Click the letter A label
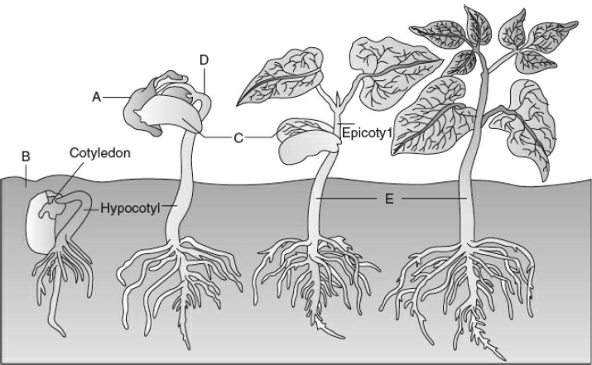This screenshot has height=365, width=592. click(x=97, y=98)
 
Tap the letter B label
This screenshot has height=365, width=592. click(x=26, y=156)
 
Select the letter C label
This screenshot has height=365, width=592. click(x=238, y=138)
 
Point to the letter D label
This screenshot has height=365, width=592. click(x=204, y=60)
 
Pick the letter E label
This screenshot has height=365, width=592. click(x=389, y=199)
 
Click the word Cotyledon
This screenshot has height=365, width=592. click(x=100, y=153)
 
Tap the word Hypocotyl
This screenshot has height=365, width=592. click(x=130, y=209)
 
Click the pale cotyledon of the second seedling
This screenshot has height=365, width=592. click(x=171, y=113)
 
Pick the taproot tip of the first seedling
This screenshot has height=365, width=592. click(x=64, y=334)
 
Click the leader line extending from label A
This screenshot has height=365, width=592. click(x=117, y=98)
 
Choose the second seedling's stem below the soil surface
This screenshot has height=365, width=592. click(x=176, y=211)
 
